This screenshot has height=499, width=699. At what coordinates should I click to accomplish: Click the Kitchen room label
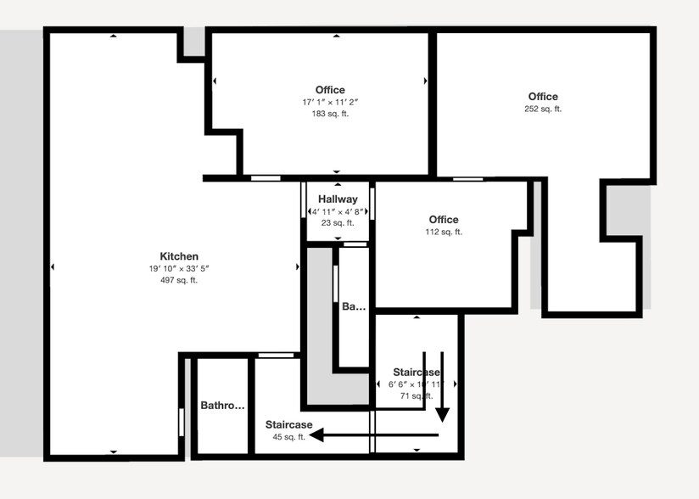[179, 256]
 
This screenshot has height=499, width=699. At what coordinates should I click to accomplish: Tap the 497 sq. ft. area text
[179, 280]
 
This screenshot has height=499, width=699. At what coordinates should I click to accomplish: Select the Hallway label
[338, 199]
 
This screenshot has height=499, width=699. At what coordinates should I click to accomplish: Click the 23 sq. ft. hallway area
[338, 223]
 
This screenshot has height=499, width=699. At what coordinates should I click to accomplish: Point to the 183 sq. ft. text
[330, 113]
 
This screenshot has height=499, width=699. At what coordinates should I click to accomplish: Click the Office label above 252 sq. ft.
[543, 97]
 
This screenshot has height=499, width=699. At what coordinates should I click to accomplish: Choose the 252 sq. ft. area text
[543, 109]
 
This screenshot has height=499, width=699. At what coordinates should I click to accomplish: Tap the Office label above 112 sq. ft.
[444, 220]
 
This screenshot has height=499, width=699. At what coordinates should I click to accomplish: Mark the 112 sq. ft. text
[444, 232]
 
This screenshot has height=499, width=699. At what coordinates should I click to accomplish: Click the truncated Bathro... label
[222, 406]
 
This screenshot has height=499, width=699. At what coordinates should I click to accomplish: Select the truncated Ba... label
[353, 307]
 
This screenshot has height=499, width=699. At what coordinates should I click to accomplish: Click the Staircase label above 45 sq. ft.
[288, 424]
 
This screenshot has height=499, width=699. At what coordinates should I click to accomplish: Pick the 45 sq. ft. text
[288, 437]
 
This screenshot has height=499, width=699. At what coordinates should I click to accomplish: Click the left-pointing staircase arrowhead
[316, 435]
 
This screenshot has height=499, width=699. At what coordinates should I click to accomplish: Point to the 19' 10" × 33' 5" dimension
[179, 268]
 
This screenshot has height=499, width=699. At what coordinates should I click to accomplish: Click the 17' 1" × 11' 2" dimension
[330, 102]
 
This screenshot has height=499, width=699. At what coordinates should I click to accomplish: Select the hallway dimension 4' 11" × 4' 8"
[338, 211]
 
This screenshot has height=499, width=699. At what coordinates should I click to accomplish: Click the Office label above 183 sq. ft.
[330, 90]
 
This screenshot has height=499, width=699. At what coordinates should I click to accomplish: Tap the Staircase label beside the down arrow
[416, 373]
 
